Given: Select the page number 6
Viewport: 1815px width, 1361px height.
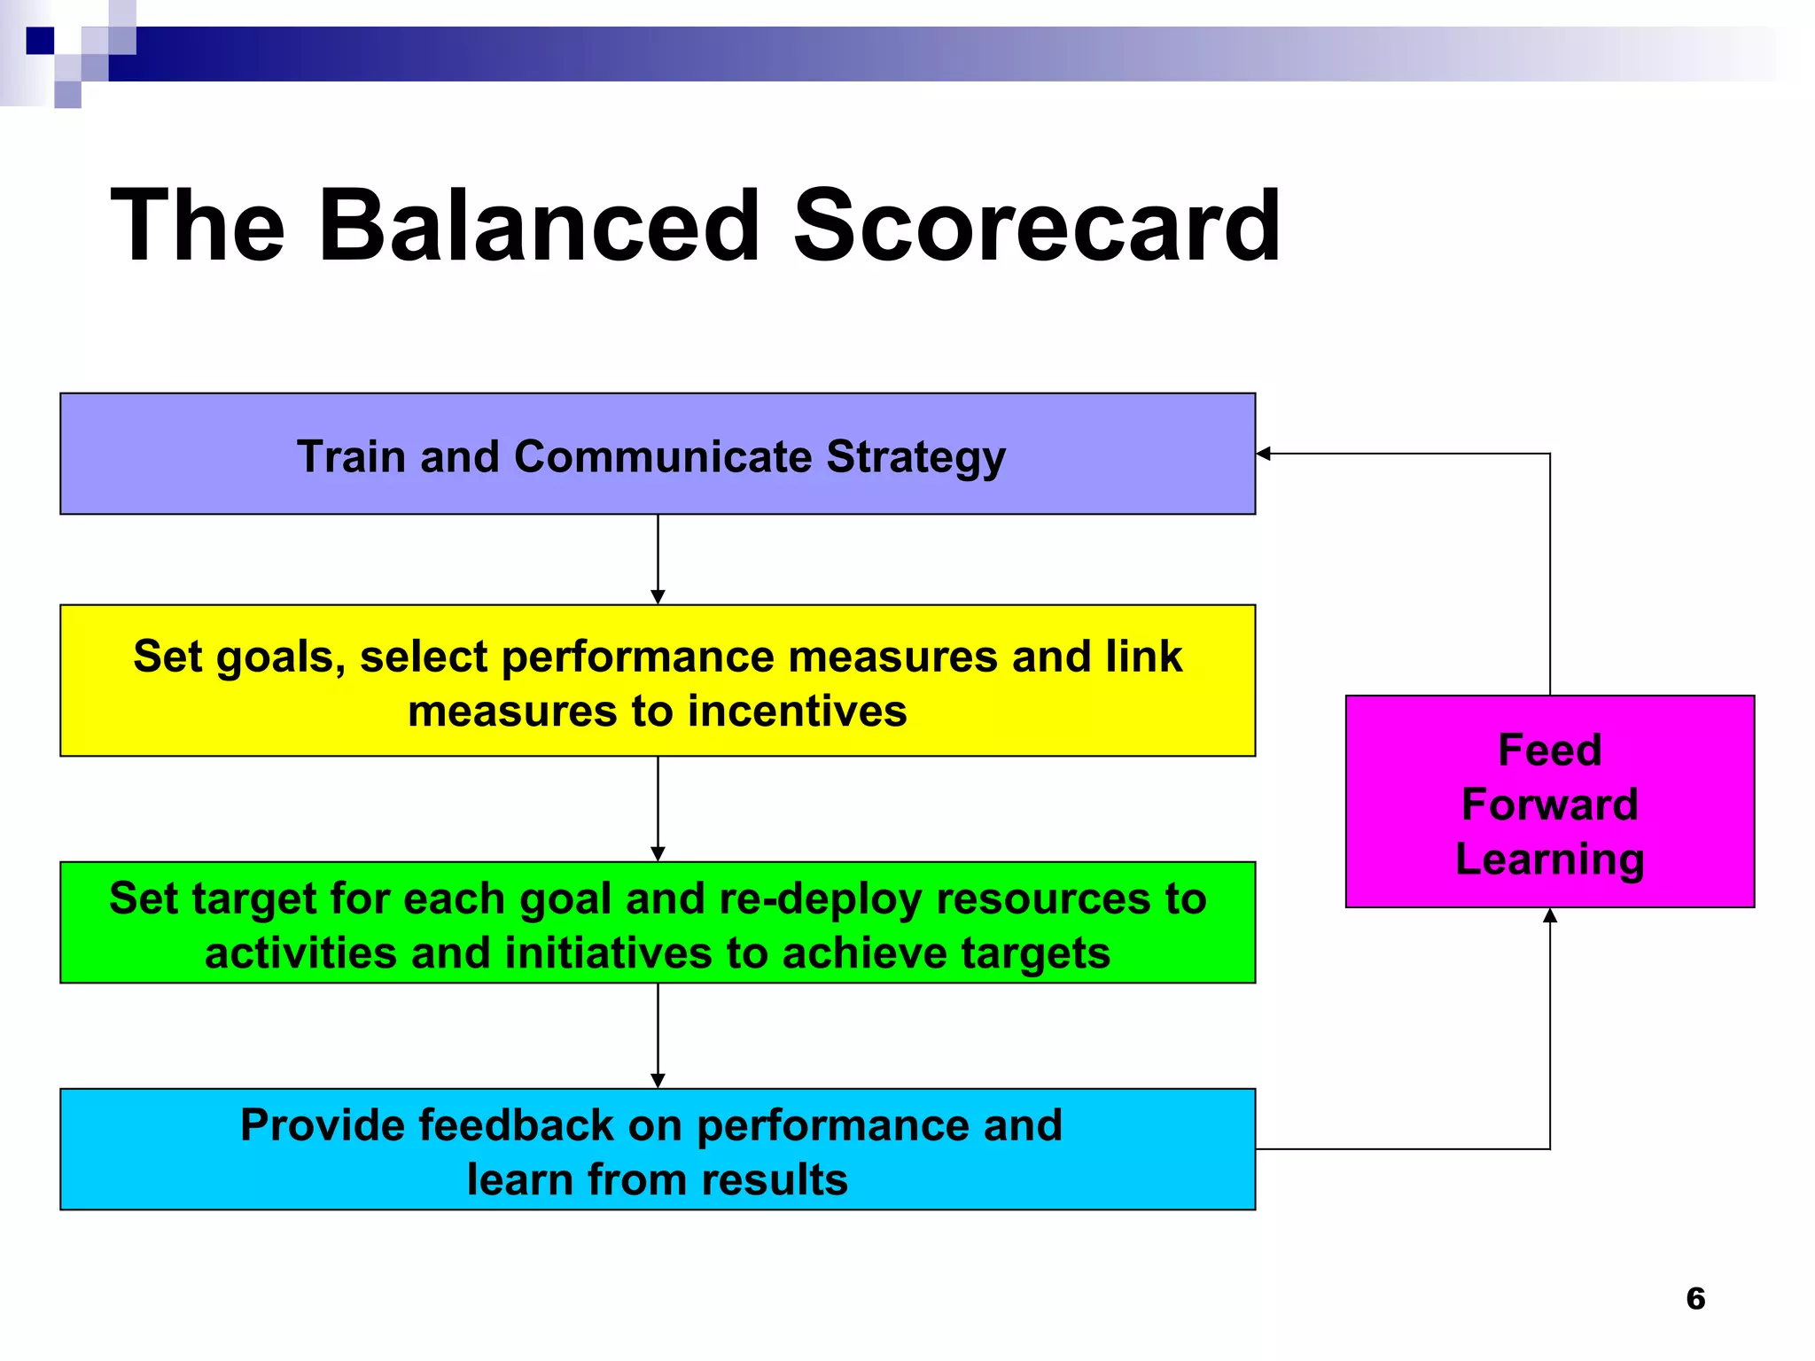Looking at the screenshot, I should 1695,1298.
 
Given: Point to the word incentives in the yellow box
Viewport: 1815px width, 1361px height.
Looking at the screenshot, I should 797,712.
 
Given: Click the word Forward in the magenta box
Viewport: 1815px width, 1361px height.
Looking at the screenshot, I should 1549,805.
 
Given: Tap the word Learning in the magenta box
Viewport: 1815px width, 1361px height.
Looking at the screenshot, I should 1549,859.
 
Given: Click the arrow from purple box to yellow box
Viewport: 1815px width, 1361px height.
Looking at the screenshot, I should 658,558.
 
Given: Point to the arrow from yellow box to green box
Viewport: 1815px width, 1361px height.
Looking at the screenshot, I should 658,807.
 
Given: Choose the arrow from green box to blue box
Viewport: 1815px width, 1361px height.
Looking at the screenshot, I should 658,1034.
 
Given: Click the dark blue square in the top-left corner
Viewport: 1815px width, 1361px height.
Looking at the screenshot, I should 40,41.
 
